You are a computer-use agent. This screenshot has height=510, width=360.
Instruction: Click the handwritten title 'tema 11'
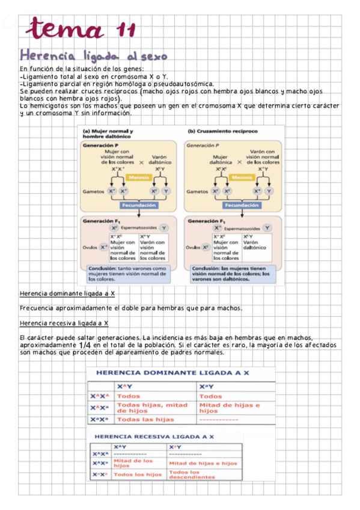pyautogui.click(x=83, y=28)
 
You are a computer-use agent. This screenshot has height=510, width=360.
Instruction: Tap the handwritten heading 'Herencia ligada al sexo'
pyautogui.click(x=93, y=56)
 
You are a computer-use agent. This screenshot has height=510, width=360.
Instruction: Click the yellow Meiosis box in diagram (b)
pyautogui.click(x=240, y=177)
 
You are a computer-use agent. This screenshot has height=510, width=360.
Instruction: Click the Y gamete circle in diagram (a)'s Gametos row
pyautogui.click(x=166, y=191)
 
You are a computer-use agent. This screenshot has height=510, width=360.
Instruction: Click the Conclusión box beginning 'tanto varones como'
pyautogui.click(x=127, y=274)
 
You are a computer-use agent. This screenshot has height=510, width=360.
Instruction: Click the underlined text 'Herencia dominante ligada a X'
pyautogui.click(x=67, y=294)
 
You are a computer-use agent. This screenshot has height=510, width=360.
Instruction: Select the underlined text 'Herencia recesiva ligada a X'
pyautogui.click(x=64, y=324)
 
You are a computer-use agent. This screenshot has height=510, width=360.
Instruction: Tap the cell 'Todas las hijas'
pyautogui.click(x=145, y=419)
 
